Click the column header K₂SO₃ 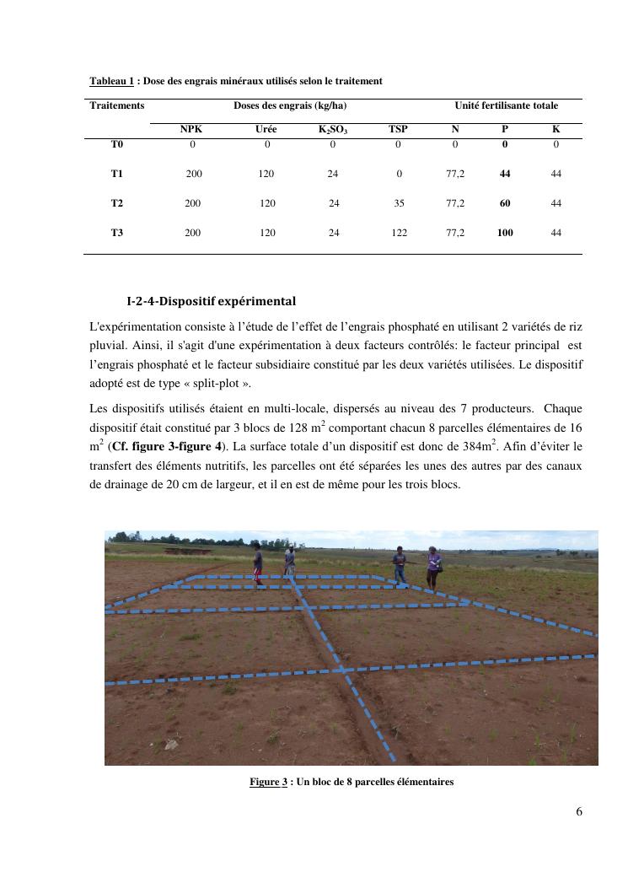(333, 130)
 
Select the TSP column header (398, 129)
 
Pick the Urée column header (266, 129)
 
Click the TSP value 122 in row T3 (400, 233)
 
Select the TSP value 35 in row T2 (400, 203)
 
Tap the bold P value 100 (505, 233)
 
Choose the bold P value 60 (505, 203)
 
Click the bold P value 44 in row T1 (505, 174)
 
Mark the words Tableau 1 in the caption (112, 81)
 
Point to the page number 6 (578, 812)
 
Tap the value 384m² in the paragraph (486, 446)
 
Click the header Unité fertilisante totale (506, 105)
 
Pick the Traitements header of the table (117, 105)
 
